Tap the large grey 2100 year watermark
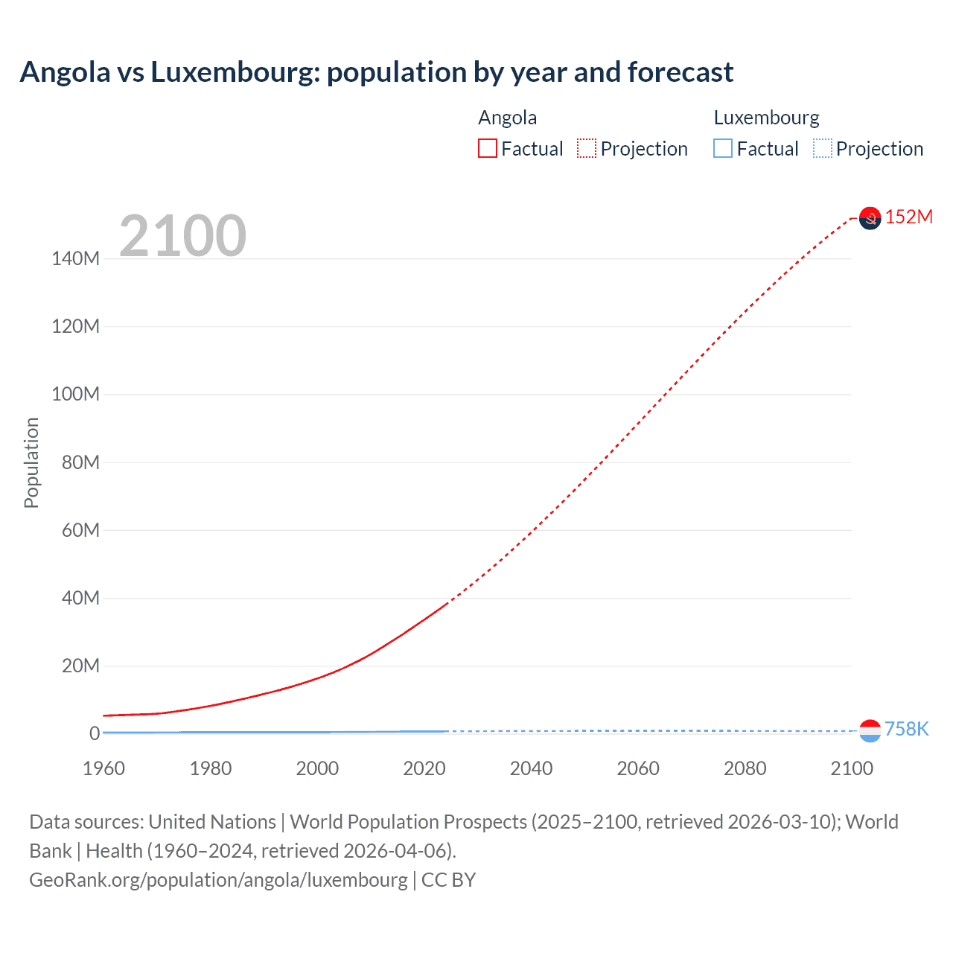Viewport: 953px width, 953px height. tap(182, 235)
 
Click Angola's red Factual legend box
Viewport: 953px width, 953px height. tap(488, 148)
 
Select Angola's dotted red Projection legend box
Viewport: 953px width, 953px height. tap(587, 148)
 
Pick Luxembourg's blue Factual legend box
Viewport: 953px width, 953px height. tap(723, 148)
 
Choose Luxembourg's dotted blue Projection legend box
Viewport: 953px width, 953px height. tap(823, 148)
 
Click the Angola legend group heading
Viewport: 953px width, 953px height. tap(507, 118)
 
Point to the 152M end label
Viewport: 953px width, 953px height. tap(908, 217)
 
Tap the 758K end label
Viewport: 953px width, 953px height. tap(906, 729)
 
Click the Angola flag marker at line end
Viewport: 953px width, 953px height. tap(870, 218)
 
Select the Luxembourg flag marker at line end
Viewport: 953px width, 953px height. tap(870, 731)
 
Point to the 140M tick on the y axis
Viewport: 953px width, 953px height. tap(75, 258)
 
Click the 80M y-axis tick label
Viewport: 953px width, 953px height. tap(80, 462)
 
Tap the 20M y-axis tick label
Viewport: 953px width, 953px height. tap(80, 666)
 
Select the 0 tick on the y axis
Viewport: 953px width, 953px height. tap(95, 733)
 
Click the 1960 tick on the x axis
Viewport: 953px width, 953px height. tap(103, 768)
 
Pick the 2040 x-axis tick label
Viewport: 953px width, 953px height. tap(531, 768)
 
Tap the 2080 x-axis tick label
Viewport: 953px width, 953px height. tap(745, 768)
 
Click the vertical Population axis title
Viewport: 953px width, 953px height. tap(31, 462)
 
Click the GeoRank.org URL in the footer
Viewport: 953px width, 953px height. tap(218, 880)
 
